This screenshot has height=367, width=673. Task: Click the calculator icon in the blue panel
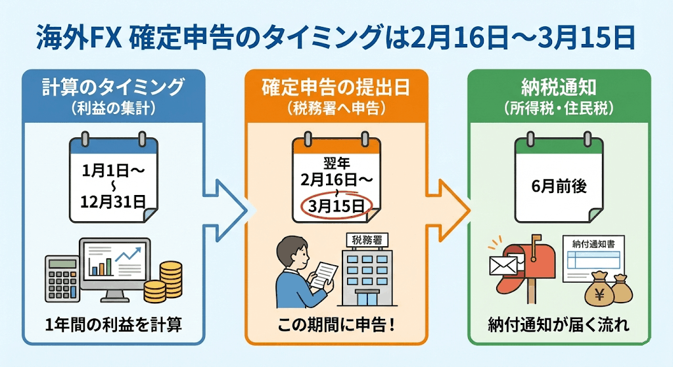pos(60,274)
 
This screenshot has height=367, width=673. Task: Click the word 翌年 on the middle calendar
pos(335,161)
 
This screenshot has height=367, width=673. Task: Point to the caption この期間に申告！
pos(336,325)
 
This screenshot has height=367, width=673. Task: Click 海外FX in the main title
pos(68,38)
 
